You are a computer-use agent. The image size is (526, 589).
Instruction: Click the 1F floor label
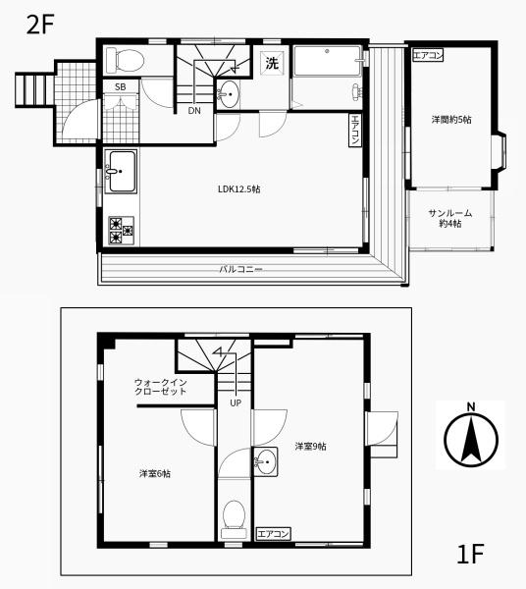tap(470, 555)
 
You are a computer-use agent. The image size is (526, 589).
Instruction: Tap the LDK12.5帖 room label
tap(237, 189)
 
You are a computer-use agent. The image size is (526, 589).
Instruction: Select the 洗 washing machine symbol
tap(271, 64)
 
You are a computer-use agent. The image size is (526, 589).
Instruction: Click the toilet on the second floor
tap(124, 60)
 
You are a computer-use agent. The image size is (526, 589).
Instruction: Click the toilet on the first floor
tap(234, 515)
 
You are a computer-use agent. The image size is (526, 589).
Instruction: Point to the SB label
tap(121, 88)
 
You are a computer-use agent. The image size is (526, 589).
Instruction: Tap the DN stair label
tap(195, 110)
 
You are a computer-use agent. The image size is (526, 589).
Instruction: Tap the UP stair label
tap(236, 402)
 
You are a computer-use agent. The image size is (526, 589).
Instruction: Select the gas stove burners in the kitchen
tap(123, 231)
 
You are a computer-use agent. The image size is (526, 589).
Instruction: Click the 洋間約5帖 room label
tap(451, 119)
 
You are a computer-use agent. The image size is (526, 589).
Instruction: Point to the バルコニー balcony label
tap(240, 268)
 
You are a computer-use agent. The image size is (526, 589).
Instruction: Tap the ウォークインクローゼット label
tap(161, 386)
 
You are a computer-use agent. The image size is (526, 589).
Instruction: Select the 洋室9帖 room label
tap(311, 447)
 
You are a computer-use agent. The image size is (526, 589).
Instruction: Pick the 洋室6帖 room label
tap(154, 473)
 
